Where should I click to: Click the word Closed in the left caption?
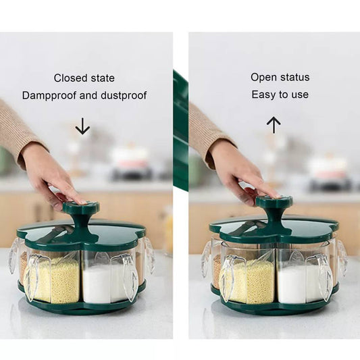(x=71, y=78)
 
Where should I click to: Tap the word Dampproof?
(x=49, y=95)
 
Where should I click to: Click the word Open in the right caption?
(x=263, y=78)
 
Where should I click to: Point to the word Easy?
(x=263, y=95)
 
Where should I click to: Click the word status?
(x=294, y=77)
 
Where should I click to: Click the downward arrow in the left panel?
(x=82, y=126)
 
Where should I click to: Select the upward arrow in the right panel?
(x=274, y=125)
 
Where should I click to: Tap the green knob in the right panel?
(x=274, y=207)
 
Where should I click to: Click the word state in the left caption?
(x=103, y=78)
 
